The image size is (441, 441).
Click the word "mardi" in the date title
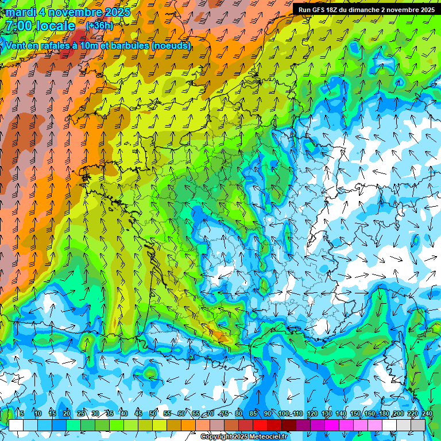[20, 12]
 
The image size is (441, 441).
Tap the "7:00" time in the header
[20, 26]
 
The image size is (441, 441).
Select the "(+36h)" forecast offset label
[99, 26]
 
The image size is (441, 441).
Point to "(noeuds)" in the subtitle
[172, 45]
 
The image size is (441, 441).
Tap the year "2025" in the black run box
[424, 10]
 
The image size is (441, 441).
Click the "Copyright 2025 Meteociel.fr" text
[244, 437]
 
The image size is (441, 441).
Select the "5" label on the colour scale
[21, 413]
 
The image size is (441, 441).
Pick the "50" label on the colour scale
[153, 413]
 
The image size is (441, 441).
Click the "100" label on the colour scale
[283, 413]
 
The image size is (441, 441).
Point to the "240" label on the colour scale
[427, 413]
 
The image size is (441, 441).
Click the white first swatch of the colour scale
[16, 425]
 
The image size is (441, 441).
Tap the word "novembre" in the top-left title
[75, 12]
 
